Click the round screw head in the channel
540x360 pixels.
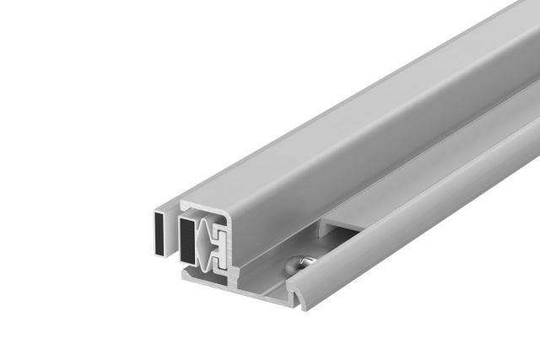298,263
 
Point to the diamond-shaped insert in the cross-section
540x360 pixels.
202,244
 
